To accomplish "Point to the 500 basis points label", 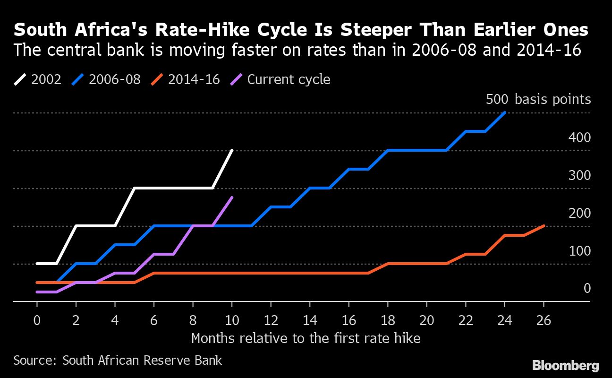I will (x=538, y=99).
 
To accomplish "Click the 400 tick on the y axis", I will (x=580, y=137).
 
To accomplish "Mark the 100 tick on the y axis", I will (x=580, y=251).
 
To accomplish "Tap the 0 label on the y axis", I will (x=587, y=288).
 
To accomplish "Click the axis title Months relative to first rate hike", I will (x=306, y=338).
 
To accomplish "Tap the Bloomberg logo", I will (x=565, y=365).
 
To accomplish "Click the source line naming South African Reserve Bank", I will (x=118, y=361).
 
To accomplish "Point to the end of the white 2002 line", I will (x=232, y=150).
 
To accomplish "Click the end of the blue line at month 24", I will (x=505, y=112).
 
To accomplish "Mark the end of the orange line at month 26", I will (x=544, y=226).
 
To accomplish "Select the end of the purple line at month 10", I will (x=232, y=198).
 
